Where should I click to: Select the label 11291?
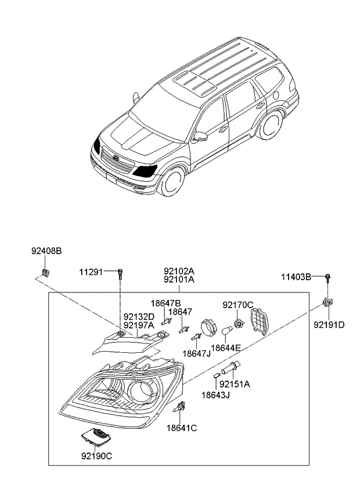(x=91, y=272)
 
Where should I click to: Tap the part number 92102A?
(x=178, y=271)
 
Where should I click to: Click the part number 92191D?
(x=329, y=324)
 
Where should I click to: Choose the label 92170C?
(x=238, y=305)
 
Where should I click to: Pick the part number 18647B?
(x=165, y=303)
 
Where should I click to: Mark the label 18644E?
(x=226, y=348)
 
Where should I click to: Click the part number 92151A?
(x=235, y=384)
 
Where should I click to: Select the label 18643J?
(x=216, y=395)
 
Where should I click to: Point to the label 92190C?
(x=96, y=455)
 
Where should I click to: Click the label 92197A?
(x=139, y=325)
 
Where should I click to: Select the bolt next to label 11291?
(x=120, y=274)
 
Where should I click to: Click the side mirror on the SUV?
(x=201, y=136)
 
